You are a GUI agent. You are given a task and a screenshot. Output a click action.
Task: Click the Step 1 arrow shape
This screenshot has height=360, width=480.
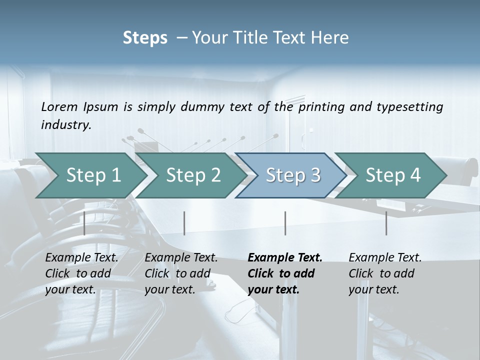93,175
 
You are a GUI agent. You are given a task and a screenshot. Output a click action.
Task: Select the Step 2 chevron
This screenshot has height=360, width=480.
193,175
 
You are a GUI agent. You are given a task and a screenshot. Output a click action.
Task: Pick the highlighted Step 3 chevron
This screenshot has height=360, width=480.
293,175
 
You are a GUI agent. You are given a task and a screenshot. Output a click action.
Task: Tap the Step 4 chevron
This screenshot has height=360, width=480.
393,175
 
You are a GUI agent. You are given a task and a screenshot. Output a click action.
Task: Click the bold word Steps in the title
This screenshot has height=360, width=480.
145,38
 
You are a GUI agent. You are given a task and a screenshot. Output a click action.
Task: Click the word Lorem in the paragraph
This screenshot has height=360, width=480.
59,106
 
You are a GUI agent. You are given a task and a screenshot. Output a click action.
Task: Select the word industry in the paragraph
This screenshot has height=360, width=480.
66,124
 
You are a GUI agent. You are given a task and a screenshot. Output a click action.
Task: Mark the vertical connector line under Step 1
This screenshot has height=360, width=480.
84,223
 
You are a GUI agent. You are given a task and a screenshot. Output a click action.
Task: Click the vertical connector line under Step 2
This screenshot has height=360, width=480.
184,223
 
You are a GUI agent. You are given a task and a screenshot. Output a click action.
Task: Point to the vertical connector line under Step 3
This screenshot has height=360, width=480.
285,223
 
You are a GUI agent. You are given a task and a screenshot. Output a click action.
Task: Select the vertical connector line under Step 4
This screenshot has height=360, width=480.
386,223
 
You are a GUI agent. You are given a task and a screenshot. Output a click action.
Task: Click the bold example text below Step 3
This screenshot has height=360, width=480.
285,273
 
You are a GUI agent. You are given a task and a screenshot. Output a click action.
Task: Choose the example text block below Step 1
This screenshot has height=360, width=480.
81,273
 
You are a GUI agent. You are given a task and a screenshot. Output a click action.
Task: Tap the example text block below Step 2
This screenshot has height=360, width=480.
181,273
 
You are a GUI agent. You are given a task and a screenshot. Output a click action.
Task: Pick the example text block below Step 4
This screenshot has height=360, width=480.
385,273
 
